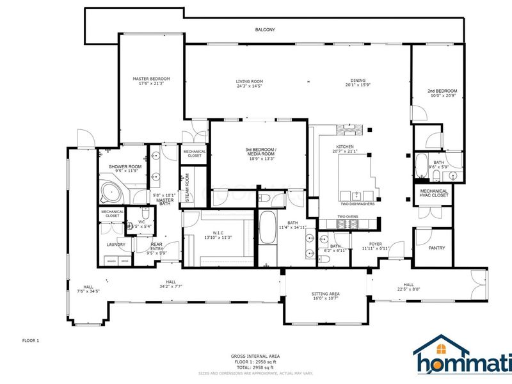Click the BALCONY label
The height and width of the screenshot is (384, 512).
[264, 30]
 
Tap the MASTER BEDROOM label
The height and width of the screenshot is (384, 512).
[151, 79]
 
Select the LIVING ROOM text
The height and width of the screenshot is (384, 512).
[250, 81]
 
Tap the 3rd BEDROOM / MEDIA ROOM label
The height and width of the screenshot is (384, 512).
[260, 152]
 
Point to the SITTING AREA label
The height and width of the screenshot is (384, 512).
[326, 293]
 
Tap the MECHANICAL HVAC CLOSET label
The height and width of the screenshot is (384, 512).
[433, 193]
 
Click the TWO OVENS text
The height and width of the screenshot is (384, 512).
[347, 216]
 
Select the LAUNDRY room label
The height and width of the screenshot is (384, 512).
[115, 244]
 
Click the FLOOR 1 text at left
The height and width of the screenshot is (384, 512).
[31, 340]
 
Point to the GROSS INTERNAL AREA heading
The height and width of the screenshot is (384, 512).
[255, 356]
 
